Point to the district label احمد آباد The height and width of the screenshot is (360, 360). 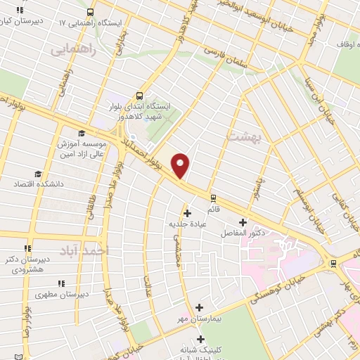(84, 250)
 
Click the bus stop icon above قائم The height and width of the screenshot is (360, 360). (213, 198)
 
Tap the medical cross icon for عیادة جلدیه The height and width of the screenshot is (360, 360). (186, 213)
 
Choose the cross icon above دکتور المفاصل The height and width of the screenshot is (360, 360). (243, 222)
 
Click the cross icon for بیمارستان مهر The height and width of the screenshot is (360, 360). (200, 307)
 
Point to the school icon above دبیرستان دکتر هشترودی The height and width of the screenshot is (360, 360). (28, 248)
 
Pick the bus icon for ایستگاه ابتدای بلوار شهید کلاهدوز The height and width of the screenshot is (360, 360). (139, 95)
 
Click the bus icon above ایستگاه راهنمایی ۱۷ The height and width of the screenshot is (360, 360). (90, 12)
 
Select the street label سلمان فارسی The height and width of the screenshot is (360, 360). (227, 56)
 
